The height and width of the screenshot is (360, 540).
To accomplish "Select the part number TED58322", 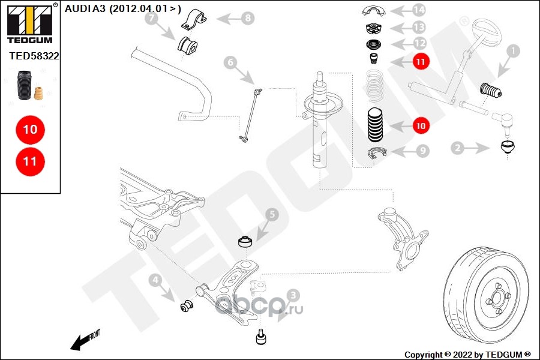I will click(x=34, y=55).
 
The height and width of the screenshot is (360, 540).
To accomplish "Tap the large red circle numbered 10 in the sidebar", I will click(x=30, y=129).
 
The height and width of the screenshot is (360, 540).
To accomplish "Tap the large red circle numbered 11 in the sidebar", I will click(x=30, y=161).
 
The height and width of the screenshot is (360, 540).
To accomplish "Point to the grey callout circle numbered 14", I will click(x=418, y=10).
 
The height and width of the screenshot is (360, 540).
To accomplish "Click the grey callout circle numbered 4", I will click(x=155, y=280).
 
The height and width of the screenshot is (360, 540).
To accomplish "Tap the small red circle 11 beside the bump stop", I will click(x=420, y=61).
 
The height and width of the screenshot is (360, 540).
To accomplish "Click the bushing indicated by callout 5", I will click(x=245, y=243).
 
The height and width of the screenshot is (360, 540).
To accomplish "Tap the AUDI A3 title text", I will click(x=123, y=8).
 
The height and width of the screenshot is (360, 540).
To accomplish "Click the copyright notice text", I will click(x=467, y=354).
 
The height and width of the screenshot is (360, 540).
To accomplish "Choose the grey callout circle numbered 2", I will click(x=457, y=147).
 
